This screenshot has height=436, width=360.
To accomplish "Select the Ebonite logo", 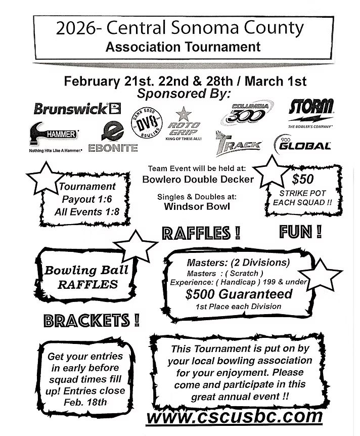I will coord(113,138).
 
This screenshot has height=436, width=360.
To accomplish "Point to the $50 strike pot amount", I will coord(303,179).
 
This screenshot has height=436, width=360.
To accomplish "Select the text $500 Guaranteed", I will coord(239,293).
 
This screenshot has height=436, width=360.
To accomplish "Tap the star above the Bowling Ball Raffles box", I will coord(136,246).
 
